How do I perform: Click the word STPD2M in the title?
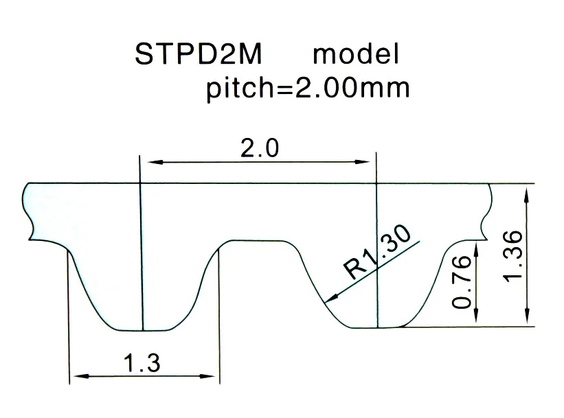point(198,55)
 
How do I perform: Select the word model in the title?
point(356,55)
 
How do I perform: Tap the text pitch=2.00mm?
point(307,89)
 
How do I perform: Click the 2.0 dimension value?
point(259,148)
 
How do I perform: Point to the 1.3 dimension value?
point(142,362)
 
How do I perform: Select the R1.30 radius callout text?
point(379,251)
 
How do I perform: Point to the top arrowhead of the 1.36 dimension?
point(527,194)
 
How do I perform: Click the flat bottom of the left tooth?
point(141,329)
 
